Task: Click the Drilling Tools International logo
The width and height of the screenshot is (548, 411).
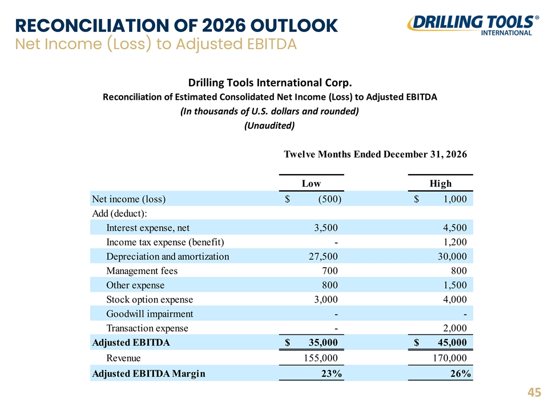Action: (473, 25)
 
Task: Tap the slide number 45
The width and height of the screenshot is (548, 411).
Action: (534, 393)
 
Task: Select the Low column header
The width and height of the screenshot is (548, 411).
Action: (311, 183)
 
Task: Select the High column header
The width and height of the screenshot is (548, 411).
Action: (440, 183)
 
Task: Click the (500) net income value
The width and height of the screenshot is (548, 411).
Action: (329, 199)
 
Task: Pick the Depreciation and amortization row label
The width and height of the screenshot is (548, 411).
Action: (168, 256)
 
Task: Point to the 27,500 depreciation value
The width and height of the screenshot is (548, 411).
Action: (323, 256)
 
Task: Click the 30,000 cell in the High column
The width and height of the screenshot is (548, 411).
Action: (452, 256)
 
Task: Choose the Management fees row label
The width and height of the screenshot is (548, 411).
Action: (142, 271)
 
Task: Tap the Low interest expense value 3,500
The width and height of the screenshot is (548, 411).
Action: (326, 228)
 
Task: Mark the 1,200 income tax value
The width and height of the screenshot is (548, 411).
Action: (455, 242)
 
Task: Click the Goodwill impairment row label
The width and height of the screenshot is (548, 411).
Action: (150, 314)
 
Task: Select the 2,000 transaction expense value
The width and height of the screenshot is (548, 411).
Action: (455, 328)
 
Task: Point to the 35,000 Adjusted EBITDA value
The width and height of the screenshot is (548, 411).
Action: (323, 342)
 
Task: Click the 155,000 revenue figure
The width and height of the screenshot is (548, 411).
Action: (321, 358)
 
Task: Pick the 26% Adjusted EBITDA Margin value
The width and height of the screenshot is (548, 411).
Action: (461, 373)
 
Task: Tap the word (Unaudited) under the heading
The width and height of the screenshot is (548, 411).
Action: (269, 126)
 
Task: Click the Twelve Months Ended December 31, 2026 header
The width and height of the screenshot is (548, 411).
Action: (376, 154)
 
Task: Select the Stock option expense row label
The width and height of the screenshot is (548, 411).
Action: (150, 300)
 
